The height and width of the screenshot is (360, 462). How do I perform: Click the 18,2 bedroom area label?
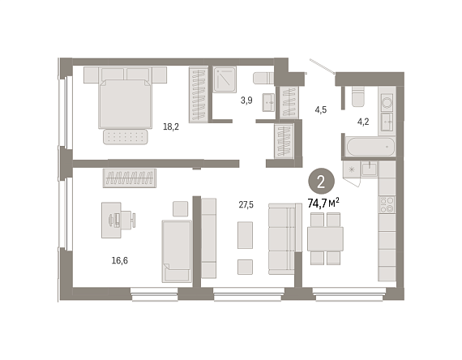[x=171, y=127]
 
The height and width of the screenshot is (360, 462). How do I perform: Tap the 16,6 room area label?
[x=120, y=260]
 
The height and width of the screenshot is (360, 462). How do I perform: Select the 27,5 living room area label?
[x=246, y=204]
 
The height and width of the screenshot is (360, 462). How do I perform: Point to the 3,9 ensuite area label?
[x=246, y=101]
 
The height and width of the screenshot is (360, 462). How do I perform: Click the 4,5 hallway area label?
[x=321, y=110]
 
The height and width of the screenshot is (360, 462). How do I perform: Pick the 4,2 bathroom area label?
[x=363, y=122]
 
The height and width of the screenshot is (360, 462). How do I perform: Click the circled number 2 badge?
[x=321, y=182]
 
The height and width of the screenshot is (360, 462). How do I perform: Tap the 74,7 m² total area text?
[x=323, y=203]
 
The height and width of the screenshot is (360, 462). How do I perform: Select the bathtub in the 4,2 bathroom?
[x=370, y=147]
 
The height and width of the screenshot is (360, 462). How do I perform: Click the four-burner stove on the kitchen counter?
[x=387, y=204]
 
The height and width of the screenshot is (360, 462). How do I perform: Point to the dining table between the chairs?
[x=325, y=239]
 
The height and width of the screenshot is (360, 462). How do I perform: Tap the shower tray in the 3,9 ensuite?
[x=225, y=79]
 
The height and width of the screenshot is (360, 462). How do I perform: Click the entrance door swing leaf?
[x=322, y=66]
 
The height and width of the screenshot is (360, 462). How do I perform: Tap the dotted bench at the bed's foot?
[x=126, y=137]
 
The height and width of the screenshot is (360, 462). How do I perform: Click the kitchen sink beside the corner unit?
[x=369, y=169]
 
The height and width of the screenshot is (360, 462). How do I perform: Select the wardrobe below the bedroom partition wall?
[x=130, y=178]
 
